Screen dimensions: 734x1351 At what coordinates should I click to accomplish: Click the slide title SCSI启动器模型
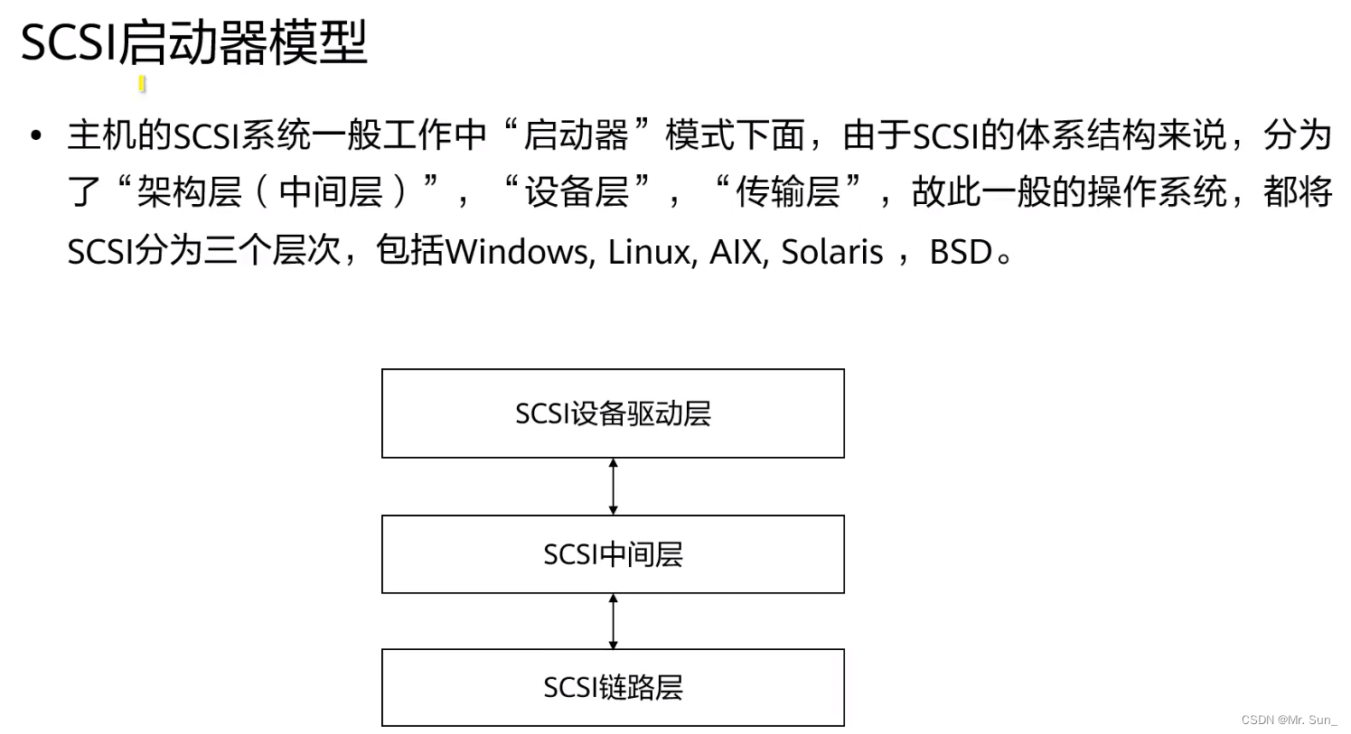coord(193,42)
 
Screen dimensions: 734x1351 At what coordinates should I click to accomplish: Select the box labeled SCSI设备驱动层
coord(613,413)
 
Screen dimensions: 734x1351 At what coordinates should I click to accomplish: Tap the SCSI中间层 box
coord(613,554)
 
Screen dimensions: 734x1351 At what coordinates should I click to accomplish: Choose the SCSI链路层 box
coord(613,687)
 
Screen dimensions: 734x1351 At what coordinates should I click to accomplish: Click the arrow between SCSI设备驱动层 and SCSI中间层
coord(614,487)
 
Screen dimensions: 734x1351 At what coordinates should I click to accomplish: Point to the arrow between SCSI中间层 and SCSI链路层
coord(614,621)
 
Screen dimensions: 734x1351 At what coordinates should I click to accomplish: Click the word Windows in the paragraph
coord(515,252)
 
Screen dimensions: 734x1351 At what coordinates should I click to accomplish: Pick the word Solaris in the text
coord(831,252)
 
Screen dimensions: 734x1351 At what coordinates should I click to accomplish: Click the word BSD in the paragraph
coord(962,252)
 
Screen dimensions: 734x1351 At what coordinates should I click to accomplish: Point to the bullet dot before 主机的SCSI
coord(36,136)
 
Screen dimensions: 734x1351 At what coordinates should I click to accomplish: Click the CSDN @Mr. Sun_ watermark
coord(1289,720)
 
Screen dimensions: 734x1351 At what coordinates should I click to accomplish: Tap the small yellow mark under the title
coord(142,84)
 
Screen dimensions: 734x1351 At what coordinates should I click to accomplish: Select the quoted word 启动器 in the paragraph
coord(576,135)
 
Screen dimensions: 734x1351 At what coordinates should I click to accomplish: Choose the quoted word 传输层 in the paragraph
coord(788,192)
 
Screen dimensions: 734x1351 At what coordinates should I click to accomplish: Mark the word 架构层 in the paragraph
coord(189,192)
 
